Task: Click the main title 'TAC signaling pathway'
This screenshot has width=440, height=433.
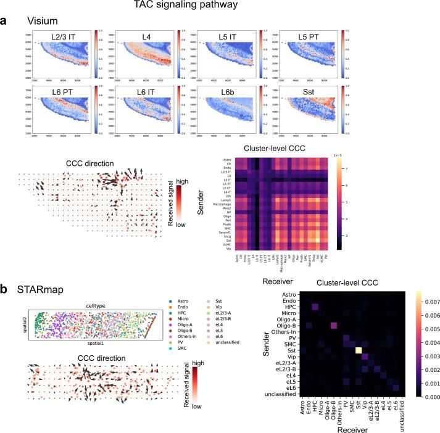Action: coord(220,7)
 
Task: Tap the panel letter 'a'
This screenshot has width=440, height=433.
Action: coord(5,22)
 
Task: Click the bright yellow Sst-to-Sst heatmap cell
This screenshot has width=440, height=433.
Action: coord(357,350)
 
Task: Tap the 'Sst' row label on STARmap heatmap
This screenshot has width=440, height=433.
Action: coord(293,350)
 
